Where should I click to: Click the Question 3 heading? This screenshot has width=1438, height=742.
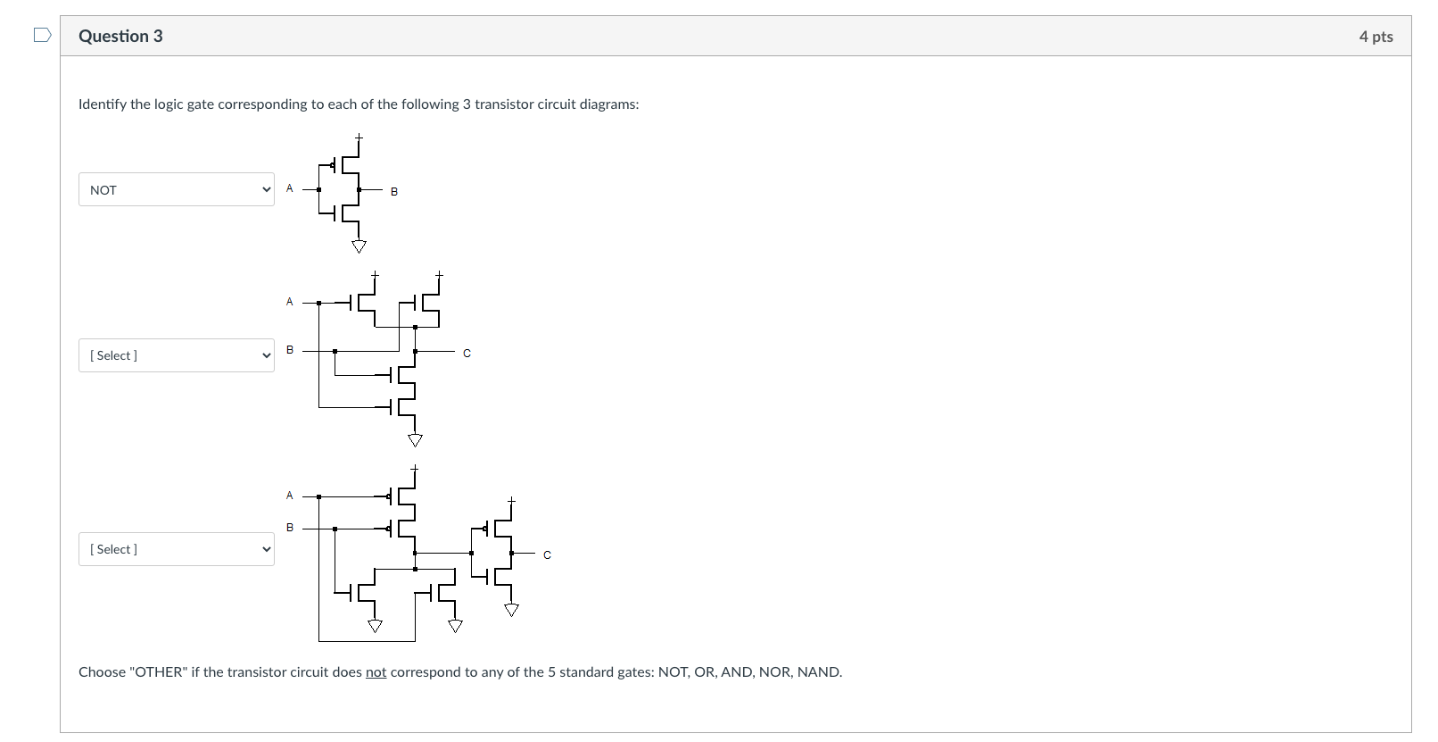click(120, 37)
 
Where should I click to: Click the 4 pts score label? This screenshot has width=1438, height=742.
click(1376, 37)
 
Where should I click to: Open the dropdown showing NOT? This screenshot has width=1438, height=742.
click(177, 189)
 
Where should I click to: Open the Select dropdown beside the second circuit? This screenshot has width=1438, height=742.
click(177, 355)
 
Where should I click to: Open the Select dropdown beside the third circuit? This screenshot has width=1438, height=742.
click(177, 549)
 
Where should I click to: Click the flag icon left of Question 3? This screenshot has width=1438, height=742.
click(42, 36)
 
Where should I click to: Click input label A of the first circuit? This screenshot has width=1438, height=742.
click(289, 188)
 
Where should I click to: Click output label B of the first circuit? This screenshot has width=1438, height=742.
click(394, 192)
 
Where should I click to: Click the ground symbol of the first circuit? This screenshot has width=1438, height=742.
click(359, 246)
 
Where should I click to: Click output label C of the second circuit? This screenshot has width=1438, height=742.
click(467, 354)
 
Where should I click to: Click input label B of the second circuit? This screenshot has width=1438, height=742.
click(289, 350)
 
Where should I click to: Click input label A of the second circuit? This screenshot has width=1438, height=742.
click(289, 302)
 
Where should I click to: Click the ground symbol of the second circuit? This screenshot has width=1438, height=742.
click(415, 440)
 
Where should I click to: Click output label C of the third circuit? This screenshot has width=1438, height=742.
click(547, 555)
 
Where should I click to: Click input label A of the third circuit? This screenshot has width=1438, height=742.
click(289, 496)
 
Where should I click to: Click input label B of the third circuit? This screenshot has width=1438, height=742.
click(289, 528)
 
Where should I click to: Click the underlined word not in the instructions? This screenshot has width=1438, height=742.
click(376, 672)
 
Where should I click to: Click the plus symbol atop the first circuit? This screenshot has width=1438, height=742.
click(359, 138)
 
